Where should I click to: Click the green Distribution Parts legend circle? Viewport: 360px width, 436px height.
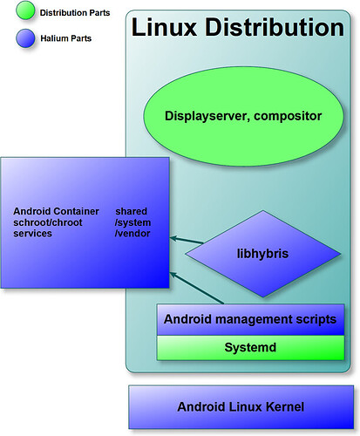coord(25,10)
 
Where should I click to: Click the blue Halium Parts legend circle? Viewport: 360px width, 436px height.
coord(25,38)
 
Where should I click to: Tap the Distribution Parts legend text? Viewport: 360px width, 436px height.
coord(75,13)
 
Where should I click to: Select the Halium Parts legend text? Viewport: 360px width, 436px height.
coord(65,38)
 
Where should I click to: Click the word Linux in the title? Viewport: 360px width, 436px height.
coord(164,27)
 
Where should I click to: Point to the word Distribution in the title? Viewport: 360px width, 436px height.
coord(275,27)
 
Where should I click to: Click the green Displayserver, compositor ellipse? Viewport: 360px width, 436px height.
coord(243,116)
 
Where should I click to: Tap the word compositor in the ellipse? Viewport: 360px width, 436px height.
coord(288,116)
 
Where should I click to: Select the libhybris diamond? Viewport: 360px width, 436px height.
coord(263,254)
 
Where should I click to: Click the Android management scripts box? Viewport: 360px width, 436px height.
coord(250,319)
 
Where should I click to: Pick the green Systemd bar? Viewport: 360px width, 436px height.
coord(250,348)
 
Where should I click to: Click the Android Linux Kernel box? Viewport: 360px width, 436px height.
coord(241,407)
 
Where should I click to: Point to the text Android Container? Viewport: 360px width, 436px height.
coord(56,211)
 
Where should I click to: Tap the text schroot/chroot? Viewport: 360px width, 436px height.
coord(48,222)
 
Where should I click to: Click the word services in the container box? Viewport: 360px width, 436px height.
coord(32,234)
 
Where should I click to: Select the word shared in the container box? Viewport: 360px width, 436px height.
coord(132,211)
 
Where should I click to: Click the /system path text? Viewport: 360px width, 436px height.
coord(132,222)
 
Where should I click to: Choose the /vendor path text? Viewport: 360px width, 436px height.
coord(132,234)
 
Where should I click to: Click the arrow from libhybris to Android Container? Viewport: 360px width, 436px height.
coord(187,240)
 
